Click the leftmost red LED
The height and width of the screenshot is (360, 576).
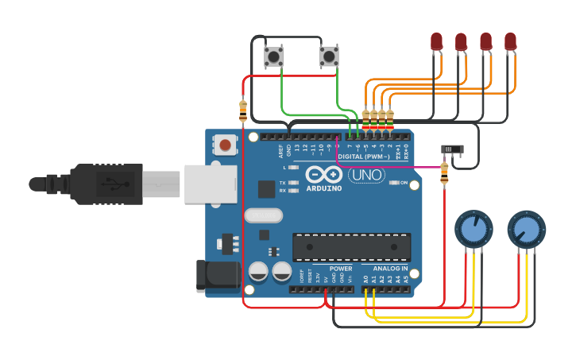pos(436,41)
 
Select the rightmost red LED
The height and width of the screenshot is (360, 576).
pos(510,41)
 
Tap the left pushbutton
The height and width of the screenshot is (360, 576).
pos(274,56)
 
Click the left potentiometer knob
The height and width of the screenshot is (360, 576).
pos(474,229)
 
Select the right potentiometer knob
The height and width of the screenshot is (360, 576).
pos(526,229)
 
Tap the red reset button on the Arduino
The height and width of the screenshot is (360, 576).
pos(226,145)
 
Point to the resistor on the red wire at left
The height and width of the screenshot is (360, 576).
pos(242,111)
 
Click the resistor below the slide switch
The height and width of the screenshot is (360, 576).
pos(443,172)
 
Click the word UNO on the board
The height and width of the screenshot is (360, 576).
pos(366,175)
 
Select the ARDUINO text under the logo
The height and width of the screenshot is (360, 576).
pos(324,188)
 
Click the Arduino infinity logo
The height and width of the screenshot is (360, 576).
pos(323,175)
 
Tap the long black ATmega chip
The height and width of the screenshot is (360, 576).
pos(351,247)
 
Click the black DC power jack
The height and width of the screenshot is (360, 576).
pos(216,275)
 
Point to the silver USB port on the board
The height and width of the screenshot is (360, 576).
pos(211,184)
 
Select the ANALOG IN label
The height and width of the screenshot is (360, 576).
pos(390,269)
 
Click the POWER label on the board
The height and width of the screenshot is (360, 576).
pos(340,269)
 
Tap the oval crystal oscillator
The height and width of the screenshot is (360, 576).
pos(263,215)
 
